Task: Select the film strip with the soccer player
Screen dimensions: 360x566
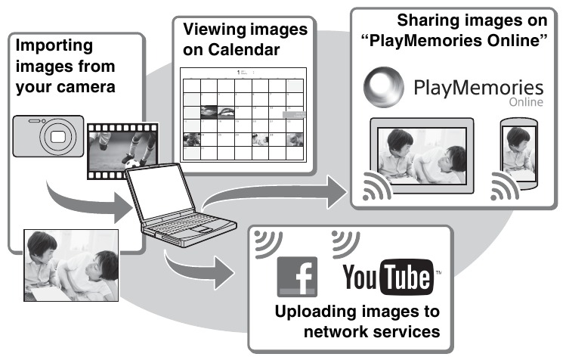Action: [x=119, y=151]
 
